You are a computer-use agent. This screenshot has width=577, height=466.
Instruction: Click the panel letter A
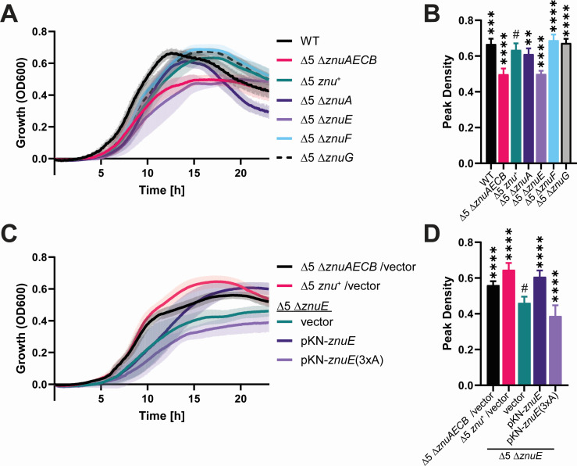tap(11, 13)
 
